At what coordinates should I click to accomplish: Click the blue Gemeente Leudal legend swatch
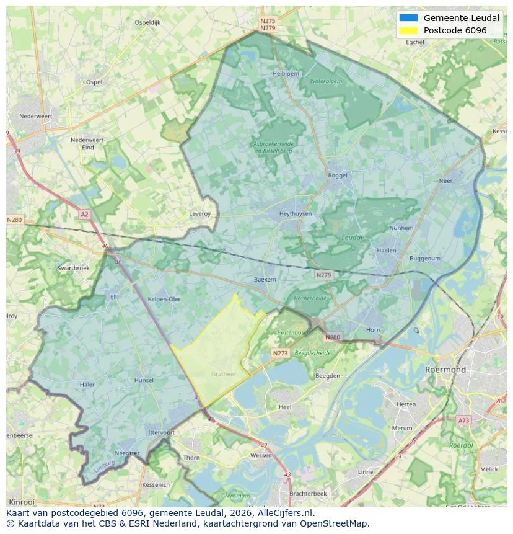tap(410, 18)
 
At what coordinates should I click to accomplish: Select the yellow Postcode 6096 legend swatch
tap(410, 30)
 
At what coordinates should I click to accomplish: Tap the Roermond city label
tap(445, 370)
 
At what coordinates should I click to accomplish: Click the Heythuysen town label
tap(295, 213)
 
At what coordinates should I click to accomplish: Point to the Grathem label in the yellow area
tap(223, 374)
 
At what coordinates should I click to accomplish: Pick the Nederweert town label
tap(35, 116)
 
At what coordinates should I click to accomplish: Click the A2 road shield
tap(84, 214)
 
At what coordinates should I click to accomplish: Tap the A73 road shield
tap(463, 421)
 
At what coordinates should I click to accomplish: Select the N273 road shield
tap(280, 353)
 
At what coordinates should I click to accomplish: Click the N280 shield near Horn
tap(332, 337)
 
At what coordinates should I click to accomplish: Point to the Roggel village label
tap(338, 176)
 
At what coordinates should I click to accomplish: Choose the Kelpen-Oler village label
tap(164, 299)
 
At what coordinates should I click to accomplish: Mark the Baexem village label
tap(265, 280)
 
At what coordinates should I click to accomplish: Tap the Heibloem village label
tap(286, 73)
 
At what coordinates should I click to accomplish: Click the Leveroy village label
tap(200, 213)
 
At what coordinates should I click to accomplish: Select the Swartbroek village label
tap(73, 268)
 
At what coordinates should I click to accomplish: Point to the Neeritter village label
tap(127, 453)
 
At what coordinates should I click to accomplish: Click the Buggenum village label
tap(425, 258)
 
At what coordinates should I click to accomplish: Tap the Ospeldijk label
tap(147, 22)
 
